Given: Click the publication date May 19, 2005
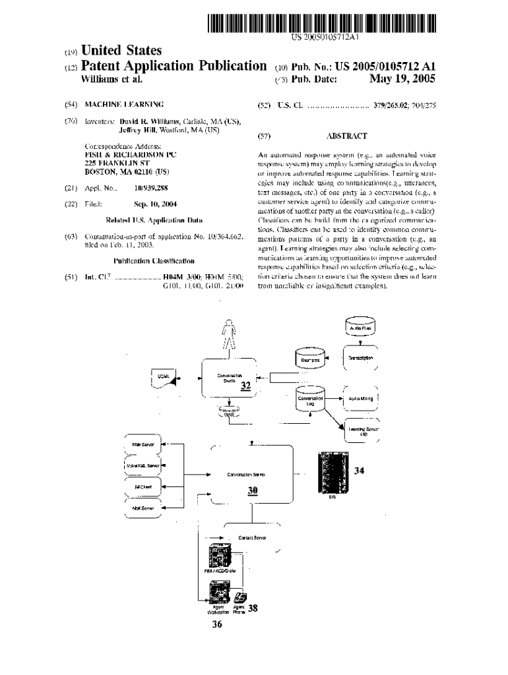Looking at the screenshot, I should click(402, 79).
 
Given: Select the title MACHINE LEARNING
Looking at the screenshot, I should click(124, 105).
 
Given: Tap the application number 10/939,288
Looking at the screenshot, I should click(152, 188).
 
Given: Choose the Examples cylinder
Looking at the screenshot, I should click(310, 360).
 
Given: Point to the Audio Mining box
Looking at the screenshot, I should click(361, 399).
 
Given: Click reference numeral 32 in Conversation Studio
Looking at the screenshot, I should click(245, 387).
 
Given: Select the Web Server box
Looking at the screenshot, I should click(144, 445).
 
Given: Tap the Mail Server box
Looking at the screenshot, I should click(143, 508).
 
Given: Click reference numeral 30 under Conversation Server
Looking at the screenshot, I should click(252, 491).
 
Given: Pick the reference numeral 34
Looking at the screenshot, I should click(359, 471).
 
